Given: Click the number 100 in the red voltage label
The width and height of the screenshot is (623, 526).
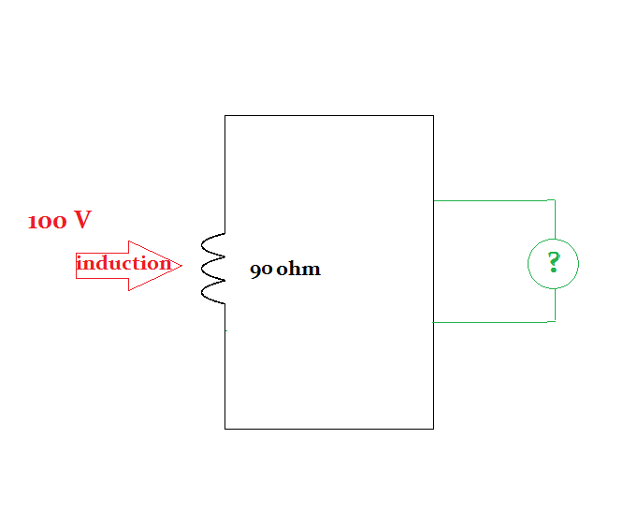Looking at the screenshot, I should pos(46,222).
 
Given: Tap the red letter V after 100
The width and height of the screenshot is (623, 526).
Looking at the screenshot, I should pos(82,221).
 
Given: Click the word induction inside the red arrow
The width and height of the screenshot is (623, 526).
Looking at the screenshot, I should pos(123,263).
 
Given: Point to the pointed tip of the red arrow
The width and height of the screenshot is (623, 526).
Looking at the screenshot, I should pos(181,265).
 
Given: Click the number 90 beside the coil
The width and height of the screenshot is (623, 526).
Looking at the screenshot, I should pos(261,270).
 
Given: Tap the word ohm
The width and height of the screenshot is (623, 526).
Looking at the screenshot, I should pos(298,270).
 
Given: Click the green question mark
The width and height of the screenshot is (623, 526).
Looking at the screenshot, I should pos(554,263).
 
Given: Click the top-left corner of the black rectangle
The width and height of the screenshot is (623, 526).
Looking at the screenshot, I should pos(225,116).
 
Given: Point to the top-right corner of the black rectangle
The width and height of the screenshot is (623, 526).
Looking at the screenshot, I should pos(433,116).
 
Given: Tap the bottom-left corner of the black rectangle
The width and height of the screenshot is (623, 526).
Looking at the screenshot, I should pos(225,429).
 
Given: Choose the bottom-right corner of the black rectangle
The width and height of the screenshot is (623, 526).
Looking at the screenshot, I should pos(433,429).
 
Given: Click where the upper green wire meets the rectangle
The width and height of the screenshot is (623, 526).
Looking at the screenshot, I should pos(434,200).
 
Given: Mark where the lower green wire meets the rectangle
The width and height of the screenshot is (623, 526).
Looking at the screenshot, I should pos(434,322).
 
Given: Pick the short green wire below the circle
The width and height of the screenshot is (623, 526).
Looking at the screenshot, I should pos(555,305).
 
